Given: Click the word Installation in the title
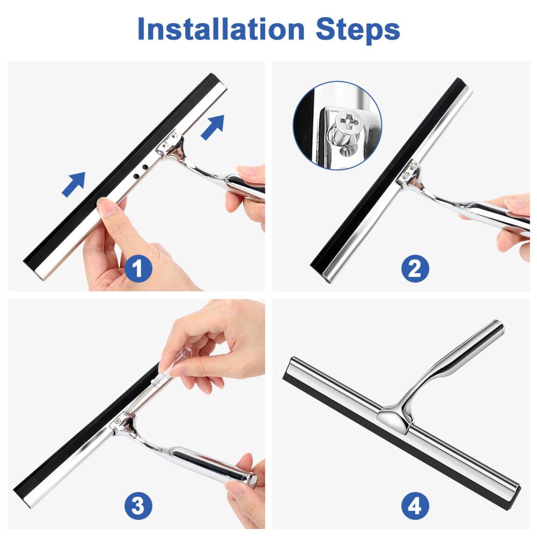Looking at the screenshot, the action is point(220,29).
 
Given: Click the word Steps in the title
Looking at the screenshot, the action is point(357,31).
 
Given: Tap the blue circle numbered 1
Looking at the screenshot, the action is point(138,268).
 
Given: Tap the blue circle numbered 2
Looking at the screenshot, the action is point(415,268).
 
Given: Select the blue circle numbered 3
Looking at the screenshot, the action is point(138,505).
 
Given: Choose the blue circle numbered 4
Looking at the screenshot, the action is point(415,505).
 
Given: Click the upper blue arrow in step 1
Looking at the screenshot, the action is point(212,127).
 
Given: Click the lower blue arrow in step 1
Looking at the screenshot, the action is point(73,184).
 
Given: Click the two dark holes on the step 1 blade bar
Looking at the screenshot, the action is point(141,172).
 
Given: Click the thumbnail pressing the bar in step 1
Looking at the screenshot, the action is point(104,205).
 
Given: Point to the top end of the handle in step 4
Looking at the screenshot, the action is point(498,325).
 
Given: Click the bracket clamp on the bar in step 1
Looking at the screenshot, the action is point(169,145).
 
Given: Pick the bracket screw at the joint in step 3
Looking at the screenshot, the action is point(118,421).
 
